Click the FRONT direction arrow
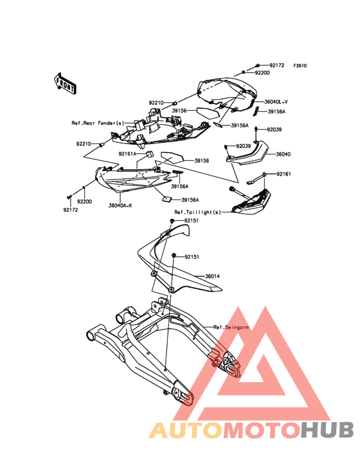(x=65, y=84)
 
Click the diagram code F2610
(x=300, y=66)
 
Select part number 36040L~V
(x=276, y=102)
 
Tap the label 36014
(x=212, y=276)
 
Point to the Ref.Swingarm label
(x=231, y=327)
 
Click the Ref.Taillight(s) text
(x=198, y=212)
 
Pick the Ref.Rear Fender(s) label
(x=98, y=123)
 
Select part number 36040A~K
(x=120, y=206)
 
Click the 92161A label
(x=127, y=154)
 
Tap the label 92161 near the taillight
(x=283, y=174)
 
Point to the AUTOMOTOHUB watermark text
(x=251, y=430)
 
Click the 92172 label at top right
(x=276, y=65)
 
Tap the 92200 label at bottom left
(x=85, y=201)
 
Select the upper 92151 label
(x=191, y=221)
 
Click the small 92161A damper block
(x=149, y=154)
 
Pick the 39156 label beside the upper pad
(x=179, y=111)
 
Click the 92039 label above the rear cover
(x=274, y=130)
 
